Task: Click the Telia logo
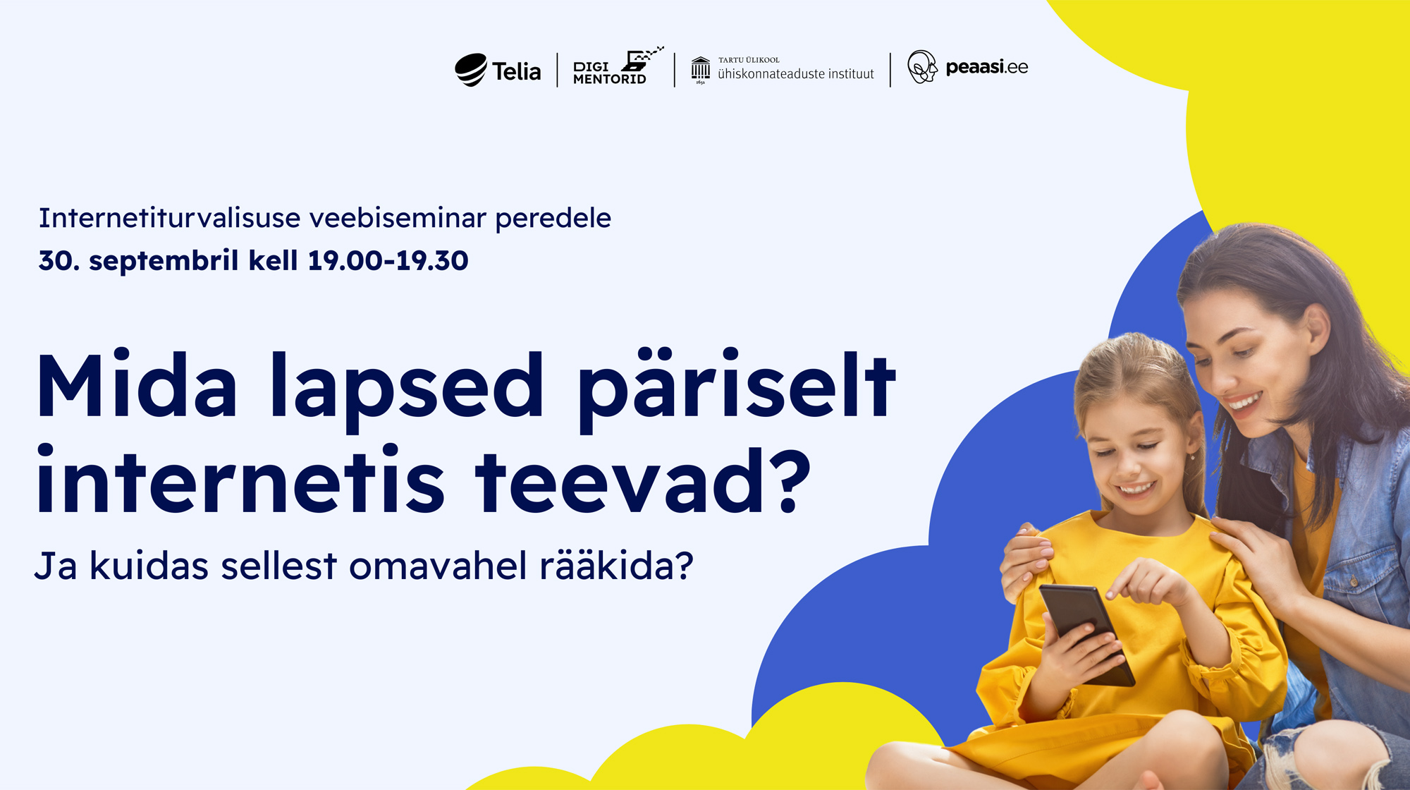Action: [x=498, y=70]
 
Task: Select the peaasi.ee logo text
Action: [x=986, y=68]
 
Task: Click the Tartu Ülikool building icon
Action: [x=700, y=70]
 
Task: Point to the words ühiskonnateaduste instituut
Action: [x=795, y=73]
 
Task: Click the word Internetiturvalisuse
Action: [x=170, y=218]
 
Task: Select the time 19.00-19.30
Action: [x=388, y=260]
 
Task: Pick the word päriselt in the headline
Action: [x=737, y=389]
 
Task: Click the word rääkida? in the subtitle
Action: [x=617, y=565]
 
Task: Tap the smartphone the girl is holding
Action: [x=1086, y=633]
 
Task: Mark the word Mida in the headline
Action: [x=137, y=387]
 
